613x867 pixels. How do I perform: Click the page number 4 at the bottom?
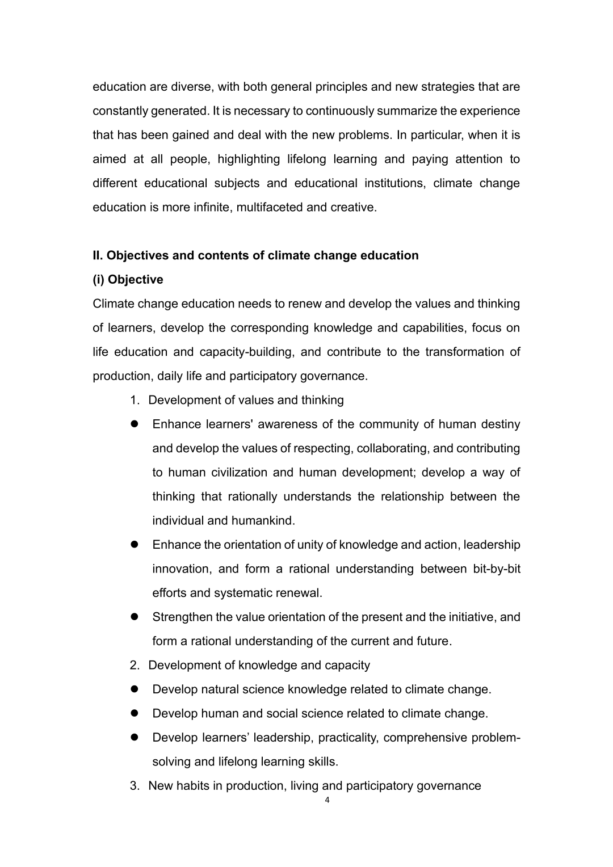pos(326,800)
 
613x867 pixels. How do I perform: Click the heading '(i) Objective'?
pos(128,280)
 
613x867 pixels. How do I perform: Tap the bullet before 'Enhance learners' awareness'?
pos(135,424)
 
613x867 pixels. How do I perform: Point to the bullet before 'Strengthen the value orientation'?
pos(135,617)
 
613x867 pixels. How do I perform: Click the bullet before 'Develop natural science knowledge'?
pos(135,689)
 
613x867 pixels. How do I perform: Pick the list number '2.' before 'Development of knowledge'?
pos(135,665)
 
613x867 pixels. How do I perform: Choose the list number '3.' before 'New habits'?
pos(135,786)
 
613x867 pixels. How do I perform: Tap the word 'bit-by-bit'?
pos(497,569)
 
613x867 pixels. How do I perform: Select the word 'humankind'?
pos(264,520)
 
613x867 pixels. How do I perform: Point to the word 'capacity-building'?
pos(246,352)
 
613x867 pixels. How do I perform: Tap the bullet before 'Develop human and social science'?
pos(135,713)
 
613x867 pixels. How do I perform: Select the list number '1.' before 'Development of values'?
pos(135,400)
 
